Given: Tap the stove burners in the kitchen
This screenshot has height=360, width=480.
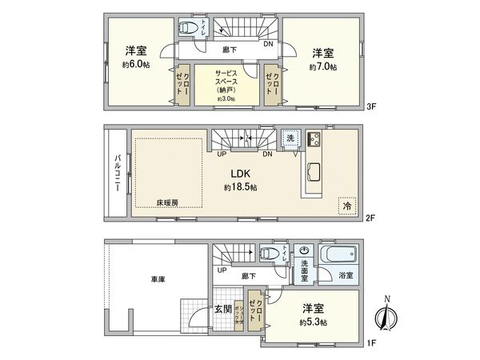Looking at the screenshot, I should coord(312,139).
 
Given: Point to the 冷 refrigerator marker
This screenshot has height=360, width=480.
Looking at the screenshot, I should coord(346,205).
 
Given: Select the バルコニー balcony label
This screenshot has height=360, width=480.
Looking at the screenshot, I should coord(118,171).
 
